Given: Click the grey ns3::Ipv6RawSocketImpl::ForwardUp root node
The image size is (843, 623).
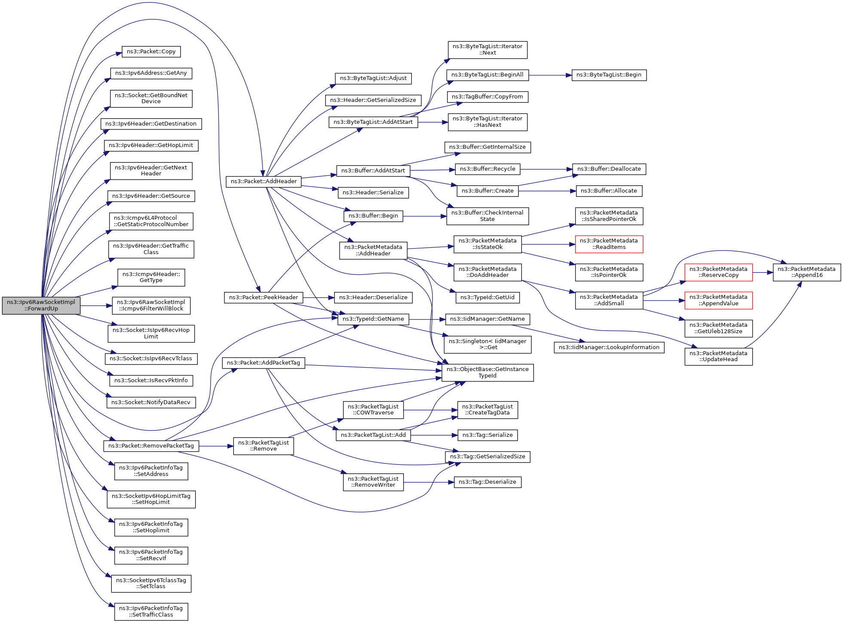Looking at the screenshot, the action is tap(41, 305).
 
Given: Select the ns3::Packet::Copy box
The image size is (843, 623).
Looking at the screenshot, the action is tap(151, 52).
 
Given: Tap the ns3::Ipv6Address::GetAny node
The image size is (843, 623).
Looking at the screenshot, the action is tap(151, 73).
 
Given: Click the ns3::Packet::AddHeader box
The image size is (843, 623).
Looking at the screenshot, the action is tap(264, 181).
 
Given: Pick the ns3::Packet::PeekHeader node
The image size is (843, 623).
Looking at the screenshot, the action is tap(264, 298).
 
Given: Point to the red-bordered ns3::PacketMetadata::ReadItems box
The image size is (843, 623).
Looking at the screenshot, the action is tap(609, 244).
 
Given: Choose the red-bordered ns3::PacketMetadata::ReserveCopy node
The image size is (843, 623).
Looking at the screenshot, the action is tap(718, 272).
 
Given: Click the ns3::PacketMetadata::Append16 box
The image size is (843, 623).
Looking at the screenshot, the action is tap(806, 272).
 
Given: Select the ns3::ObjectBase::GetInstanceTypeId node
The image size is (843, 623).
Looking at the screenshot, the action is tap(487, 372).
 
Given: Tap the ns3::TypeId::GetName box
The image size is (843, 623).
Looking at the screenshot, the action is tap(373, 319).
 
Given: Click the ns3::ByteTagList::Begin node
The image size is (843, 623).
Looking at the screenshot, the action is tap(609, 75).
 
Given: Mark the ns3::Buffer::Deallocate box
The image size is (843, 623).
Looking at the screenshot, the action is tap(609, 169).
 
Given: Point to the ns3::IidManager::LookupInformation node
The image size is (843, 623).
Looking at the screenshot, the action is tap(609, 347).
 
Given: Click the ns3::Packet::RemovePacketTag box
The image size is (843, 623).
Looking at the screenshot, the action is tap(151, 446).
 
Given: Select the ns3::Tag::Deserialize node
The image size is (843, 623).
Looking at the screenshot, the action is tap(487, 482).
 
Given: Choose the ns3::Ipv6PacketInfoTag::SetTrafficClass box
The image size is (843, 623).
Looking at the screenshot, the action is tap(151, 611).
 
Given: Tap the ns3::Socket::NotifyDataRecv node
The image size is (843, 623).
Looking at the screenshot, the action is tap(151, 402).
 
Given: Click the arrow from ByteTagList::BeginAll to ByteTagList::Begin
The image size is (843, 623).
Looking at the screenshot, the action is tap(550, 75).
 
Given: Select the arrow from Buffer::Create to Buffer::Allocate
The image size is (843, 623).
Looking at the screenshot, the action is tap(547, 191).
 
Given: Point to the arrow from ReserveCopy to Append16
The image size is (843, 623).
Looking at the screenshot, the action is tap(763, 272).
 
